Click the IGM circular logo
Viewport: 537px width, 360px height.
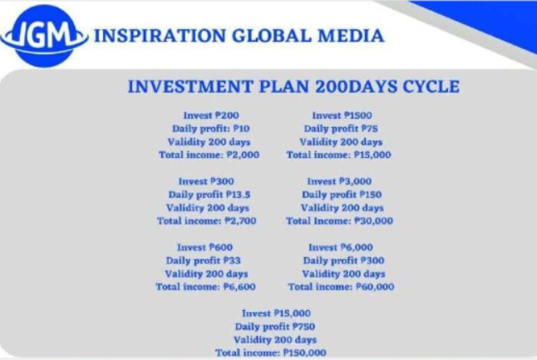(44, 36)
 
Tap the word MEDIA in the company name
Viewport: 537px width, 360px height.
(351, 36)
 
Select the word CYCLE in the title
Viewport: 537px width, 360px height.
(431, 86)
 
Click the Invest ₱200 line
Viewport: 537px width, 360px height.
(211, 116)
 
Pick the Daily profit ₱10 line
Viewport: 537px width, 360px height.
(211, 129)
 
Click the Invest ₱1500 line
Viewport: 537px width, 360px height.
(342, 116)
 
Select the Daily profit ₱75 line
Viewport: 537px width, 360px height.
(341, 129)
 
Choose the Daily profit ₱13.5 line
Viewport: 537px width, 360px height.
(209, 195)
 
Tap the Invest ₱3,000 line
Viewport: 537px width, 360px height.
(339, 181)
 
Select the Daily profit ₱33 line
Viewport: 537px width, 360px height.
(204, 261)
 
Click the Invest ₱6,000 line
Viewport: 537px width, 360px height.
(341, 247)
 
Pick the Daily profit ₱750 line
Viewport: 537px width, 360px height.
(275, 327)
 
